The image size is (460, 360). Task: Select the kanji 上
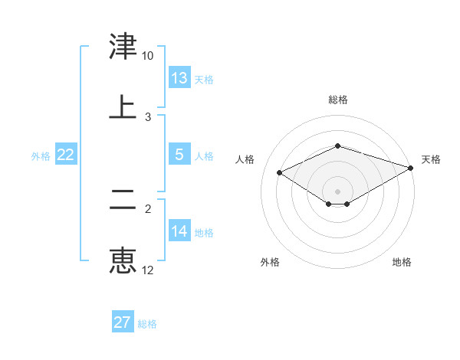point(123,107)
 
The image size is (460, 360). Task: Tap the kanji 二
point(123,201)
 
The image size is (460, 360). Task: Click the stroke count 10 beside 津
point(147,57)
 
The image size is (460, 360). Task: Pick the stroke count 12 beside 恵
point(147,270)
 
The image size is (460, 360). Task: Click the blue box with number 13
point(179,78)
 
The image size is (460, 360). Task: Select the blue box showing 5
point(179,155)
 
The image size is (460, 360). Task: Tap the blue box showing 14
point(179,231)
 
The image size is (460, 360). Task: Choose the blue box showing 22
point(66,155)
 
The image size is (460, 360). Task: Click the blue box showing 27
point(123,322)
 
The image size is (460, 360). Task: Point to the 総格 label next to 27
point(147,324)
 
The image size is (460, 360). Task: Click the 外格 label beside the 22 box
point(41,155)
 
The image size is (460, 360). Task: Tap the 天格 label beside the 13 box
point(203,79)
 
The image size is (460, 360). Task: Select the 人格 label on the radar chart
point(245,159)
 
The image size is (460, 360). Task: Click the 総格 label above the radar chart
point(338,100)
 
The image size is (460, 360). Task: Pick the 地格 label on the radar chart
point(402,262)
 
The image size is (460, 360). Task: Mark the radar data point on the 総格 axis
point(338,146)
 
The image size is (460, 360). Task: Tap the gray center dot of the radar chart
point(338,191)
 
